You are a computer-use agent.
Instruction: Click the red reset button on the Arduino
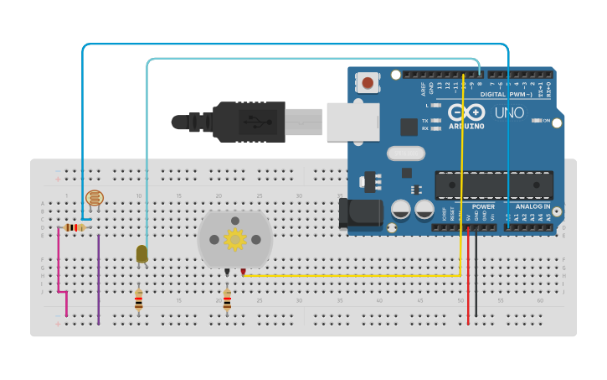click(367, 82)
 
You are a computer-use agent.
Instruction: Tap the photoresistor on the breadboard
click(95, 200)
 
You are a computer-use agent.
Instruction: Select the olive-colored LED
click(141, 252)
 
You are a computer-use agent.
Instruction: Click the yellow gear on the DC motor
click(234, 240)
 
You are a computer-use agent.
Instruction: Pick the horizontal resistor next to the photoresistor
click(76, 227)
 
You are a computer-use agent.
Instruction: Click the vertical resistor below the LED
click(139, 300)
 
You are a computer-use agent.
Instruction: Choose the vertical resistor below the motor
click(227, 300)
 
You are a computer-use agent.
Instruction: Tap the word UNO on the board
click(509, 112)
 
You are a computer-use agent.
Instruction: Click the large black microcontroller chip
click(493, 185)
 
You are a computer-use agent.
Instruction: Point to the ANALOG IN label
click(533, 206)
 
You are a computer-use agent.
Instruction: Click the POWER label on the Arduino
click(483, 206)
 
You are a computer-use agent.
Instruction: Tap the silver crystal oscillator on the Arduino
click(406, 154)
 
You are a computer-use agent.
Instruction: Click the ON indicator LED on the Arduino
click(537, 121)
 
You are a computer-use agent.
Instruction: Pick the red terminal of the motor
click(243, 271)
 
